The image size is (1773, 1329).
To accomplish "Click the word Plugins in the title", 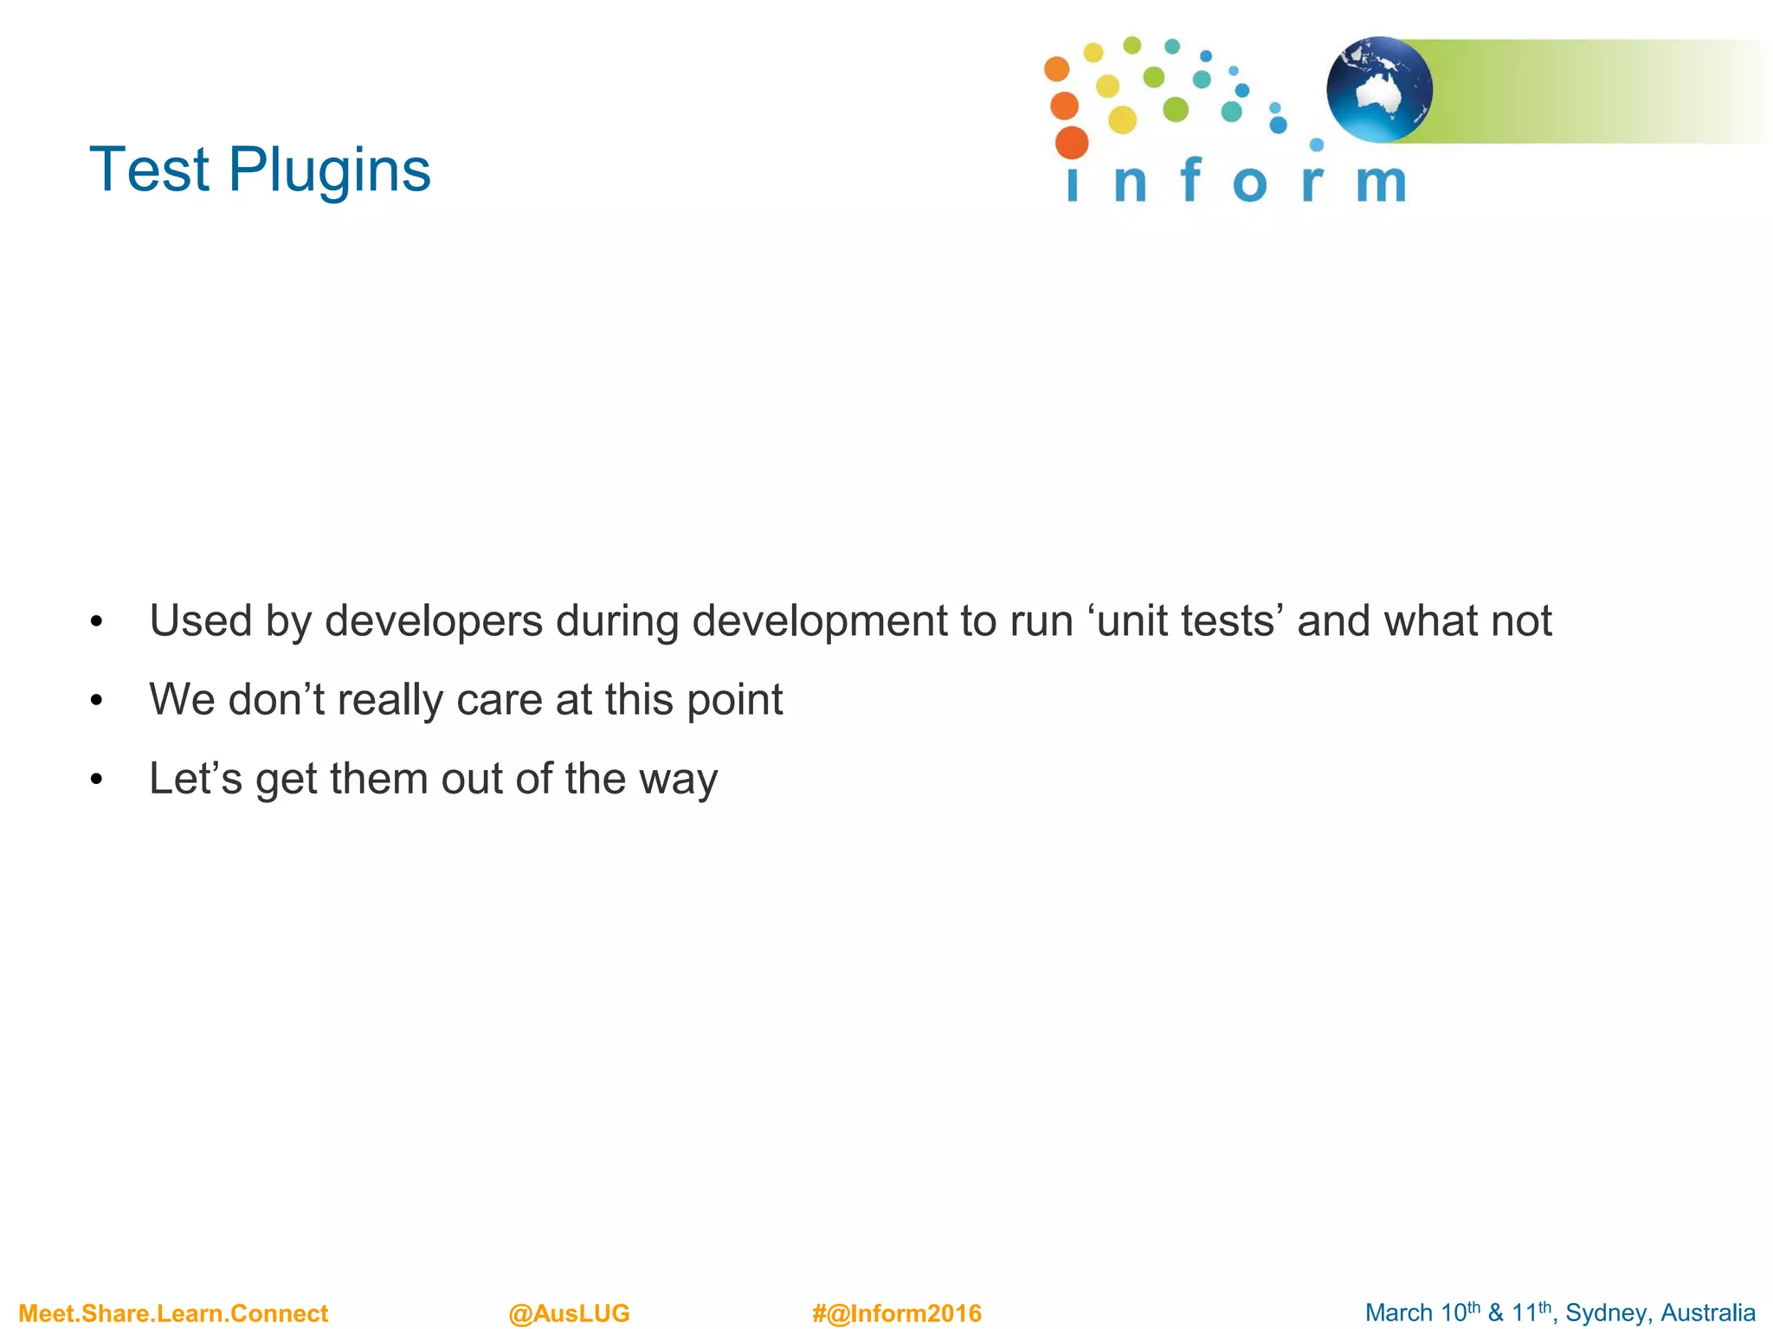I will pyautogui.click(x=329, y=170).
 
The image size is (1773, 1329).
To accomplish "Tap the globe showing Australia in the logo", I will pyautogui.click(x=1379, y=89).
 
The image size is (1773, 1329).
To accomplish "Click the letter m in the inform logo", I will pyautogui.click(x=1381, y=183).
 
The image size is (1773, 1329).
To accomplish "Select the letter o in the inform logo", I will pyautogui.click(x=1249, y=184).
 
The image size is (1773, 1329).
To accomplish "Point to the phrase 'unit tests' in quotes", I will pyautogui.click(x=1185, y=620).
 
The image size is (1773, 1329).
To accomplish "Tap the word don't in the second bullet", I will pyautogui.click(x=276, y=699).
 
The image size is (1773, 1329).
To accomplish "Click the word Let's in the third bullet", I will pyautogui.click(x=196, y=778).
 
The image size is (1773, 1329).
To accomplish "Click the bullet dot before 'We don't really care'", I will pyautogui.click(x=96, y=700).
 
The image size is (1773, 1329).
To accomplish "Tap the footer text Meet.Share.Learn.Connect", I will pyautogui.click(x=173, y=1313).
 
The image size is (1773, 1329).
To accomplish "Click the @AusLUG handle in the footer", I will pyautogui.click(x=569, y=1313).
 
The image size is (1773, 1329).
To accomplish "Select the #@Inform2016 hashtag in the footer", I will pyautogui.click(x=897, y=1313).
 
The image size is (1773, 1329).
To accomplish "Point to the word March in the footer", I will pyautogui.click(x=1398, y=1313).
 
